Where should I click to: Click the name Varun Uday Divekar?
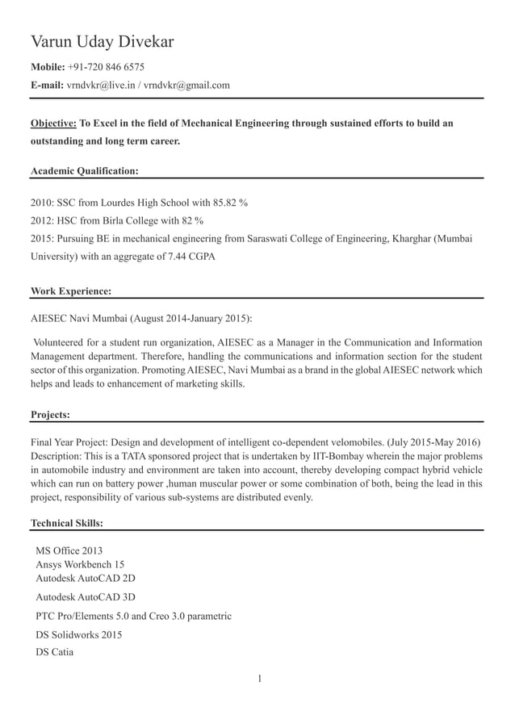[x=102, y=42]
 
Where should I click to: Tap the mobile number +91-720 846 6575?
[x=106, y=66]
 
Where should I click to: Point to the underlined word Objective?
[x=53, y=123]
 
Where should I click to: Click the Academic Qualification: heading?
[x=84, y=171]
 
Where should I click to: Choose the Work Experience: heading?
[x=71, y=291]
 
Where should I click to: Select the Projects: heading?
[x=50, y=415]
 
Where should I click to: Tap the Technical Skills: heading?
[x=66, y=524]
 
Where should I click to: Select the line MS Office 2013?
[x=69, y=551]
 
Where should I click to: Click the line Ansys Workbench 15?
[x=80, y=565]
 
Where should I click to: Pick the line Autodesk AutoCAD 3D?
[x=86, y=598]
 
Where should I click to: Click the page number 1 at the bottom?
[x=259, y=678]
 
